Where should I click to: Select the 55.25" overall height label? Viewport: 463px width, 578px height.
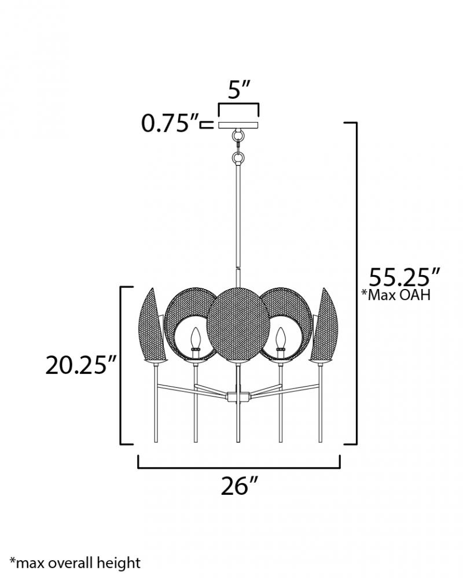(405, 277)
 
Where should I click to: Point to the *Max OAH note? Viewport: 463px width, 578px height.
(396, 295)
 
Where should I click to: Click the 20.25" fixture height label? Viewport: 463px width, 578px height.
(81, 365)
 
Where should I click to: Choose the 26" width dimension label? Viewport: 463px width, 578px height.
(238, 486)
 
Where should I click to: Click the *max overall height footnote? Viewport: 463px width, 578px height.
(75, 563)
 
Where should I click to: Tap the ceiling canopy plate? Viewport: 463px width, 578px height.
(238, 125)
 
